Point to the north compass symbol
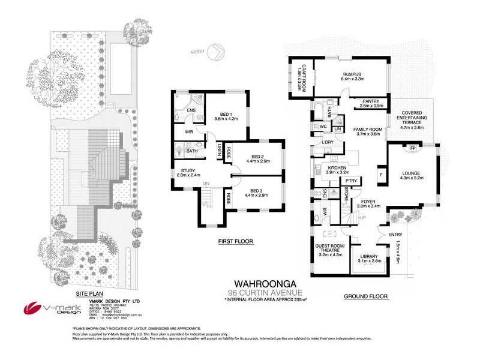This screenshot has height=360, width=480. pyautogui.click(x=214, y=53)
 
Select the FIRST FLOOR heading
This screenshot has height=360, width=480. pyautogui.click(x=236, y=242)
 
